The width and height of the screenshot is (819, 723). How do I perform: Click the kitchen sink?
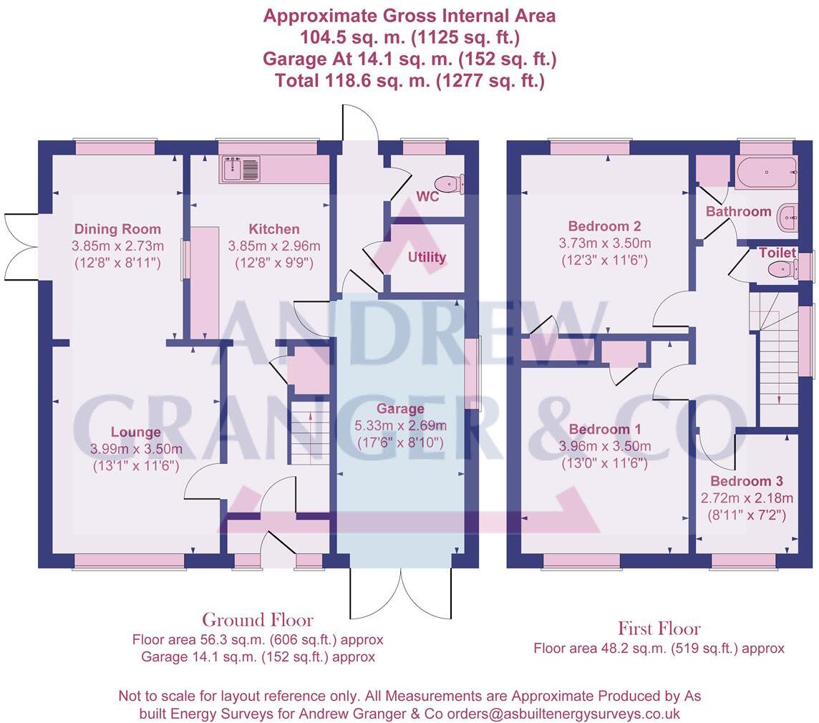point(241,170)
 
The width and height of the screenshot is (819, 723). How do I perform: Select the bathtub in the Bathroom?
point(764,173)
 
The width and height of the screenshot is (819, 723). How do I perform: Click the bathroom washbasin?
point(788,215)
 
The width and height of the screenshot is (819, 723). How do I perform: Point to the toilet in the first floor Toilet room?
point(782,269)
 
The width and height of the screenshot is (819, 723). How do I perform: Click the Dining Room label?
point(117,229)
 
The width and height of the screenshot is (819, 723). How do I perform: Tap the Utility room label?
point(427,256)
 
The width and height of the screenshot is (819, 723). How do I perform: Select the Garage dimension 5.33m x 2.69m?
point(401,427)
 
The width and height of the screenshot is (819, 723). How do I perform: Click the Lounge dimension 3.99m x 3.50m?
point(136,449)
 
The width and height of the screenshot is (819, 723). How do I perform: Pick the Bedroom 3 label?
point(746,481)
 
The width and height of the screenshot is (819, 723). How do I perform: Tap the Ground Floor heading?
point(257,619)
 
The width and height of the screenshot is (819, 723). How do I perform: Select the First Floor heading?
point(659,629)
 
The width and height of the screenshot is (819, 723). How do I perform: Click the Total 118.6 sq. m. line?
point(409,81)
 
